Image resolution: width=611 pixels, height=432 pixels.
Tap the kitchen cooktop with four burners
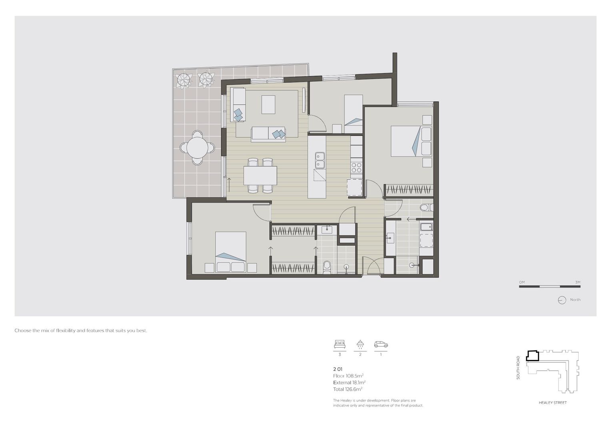point(356,167)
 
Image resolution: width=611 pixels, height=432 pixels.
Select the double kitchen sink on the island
point(320,160)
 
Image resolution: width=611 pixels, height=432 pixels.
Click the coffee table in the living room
point(268,104)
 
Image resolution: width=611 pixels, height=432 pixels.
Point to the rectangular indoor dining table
point(260,176)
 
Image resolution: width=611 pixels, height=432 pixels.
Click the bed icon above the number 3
point(339,344)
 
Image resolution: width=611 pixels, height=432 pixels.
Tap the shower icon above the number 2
point(360,344)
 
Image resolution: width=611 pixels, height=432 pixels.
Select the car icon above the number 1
point(381,344)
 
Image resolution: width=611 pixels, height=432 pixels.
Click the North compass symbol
point(562,300)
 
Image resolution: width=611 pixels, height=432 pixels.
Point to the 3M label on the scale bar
point(577,282)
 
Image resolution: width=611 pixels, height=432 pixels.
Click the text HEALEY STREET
point(553,403)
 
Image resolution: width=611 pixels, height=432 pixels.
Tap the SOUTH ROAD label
point(518,368)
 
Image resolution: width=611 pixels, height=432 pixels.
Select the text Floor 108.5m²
point(348,376)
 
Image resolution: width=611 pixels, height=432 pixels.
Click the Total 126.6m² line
point(347,389)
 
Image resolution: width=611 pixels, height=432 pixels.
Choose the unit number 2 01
point(338,369)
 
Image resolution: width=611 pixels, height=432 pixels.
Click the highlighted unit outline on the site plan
point(533,356)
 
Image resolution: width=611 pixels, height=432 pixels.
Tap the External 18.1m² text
point(349,382)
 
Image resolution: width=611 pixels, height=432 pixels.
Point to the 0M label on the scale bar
point(522,282)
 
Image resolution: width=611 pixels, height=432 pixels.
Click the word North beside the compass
point(575,300)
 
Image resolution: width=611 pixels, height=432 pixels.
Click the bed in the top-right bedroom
point(405,141)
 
